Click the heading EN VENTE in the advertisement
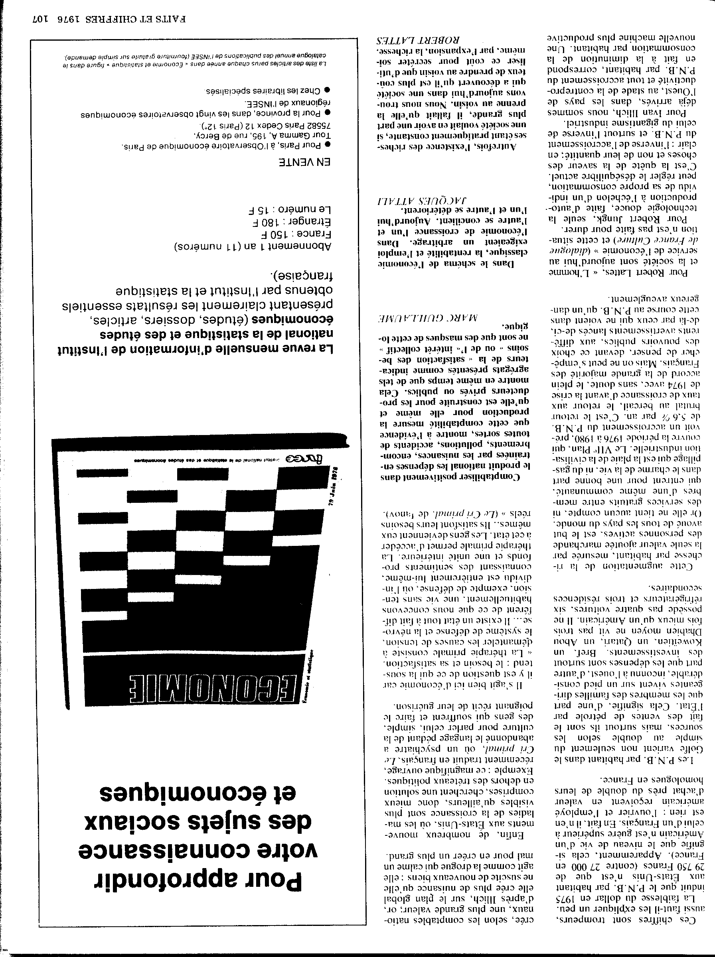point(306,162)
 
